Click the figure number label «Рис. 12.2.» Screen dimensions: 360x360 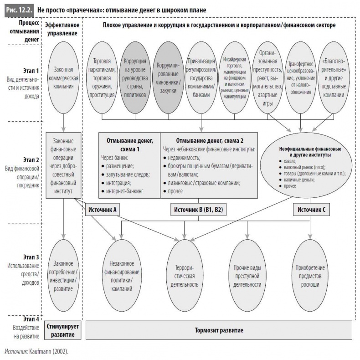click(18, 9)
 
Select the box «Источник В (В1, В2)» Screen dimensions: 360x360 click(198, 209)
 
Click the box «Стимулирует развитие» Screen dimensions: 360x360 click(64, 330)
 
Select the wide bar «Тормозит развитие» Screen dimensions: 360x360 click(219, 330)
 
